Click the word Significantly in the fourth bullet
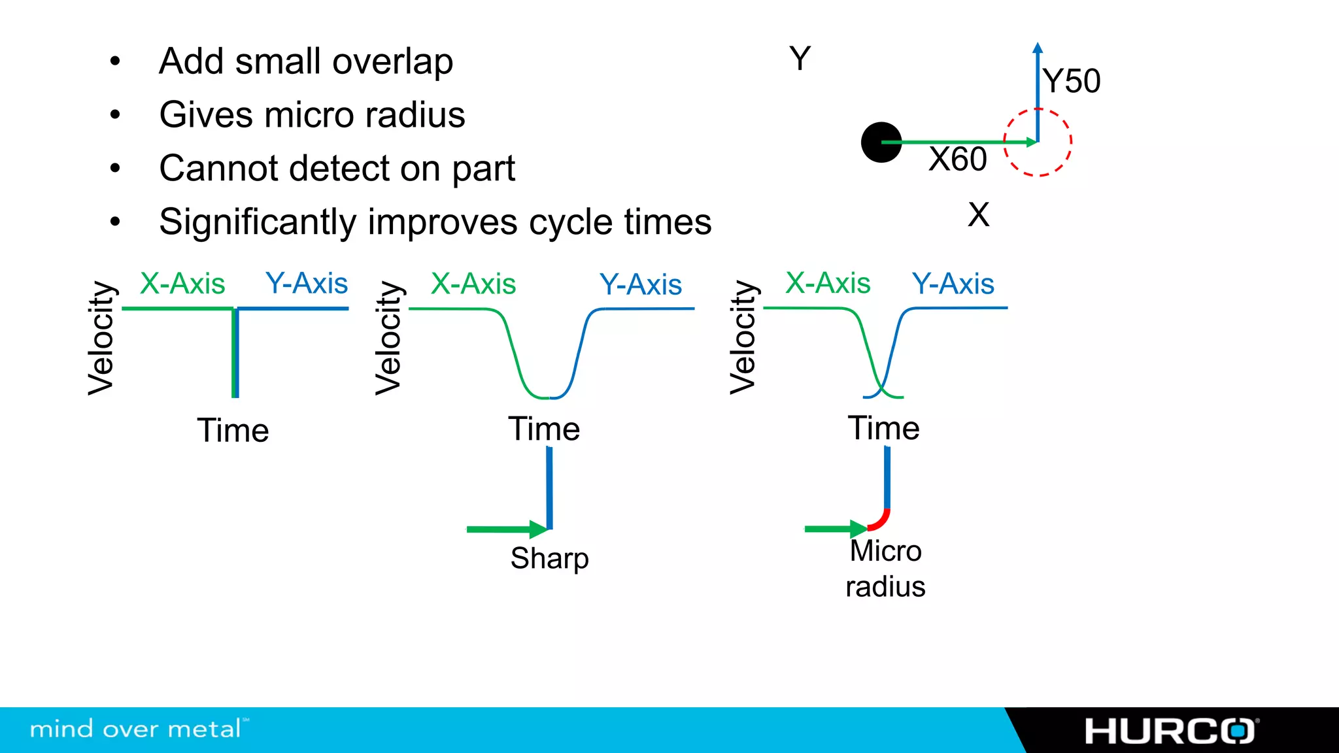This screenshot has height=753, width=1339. [257, 222]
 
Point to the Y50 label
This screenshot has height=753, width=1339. [1072, 82]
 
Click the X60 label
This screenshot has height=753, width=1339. [958, 159]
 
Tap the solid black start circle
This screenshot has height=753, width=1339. [881, 142]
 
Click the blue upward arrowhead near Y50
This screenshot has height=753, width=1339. [1038, 48]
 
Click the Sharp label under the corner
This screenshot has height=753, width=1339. [549, 558]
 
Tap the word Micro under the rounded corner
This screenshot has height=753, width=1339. [885, 551]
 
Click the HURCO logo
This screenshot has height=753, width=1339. [1170, 731]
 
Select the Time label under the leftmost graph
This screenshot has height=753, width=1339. [233, 431]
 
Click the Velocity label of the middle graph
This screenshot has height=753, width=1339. [388, 339]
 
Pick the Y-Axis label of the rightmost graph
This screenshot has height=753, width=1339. [953, 284]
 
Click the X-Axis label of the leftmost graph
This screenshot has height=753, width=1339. [182, 284]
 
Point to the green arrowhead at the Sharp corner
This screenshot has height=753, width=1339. [539, 529]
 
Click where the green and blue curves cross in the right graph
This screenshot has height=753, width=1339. [883, 386]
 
